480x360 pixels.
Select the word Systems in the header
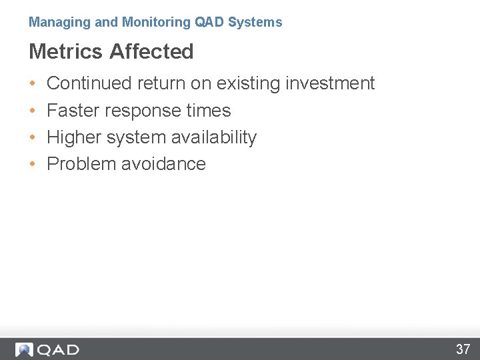pyautogui.click(x=255, y=23)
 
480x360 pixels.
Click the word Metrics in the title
pyautogui.click(x=66, y=51)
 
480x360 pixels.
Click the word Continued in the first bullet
pyautogui.click(x=89, y=83)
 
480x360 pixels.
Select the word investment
pyautogui.click(x=330, y=83)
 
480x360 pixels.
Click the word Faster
pyautogui.click(x=73, y=111)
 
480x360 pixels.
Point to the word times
pyautogui.click(x=209, y=111)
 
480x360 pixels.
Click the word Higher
pyautogui.click(x=73, y=137)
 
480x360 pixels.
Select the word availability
pyautogui.click(x=214, y=137)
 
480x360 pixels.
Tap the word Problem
pyautogui.click(x=81, y=164)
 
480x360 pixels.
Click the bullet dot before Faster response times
pyautogui.click(x=33, y=111)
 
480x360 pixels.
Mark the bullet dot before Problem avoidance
pyautogui.click(x=33, y=165)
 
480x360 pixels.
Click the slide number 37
pyautogui.click(x=463, y=349)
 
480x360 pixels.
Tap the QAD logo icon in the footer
pyautogui.click(x=24, y=349)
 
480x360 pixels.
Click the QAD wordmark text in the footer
pyautogui.click(x=58, y=349)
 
